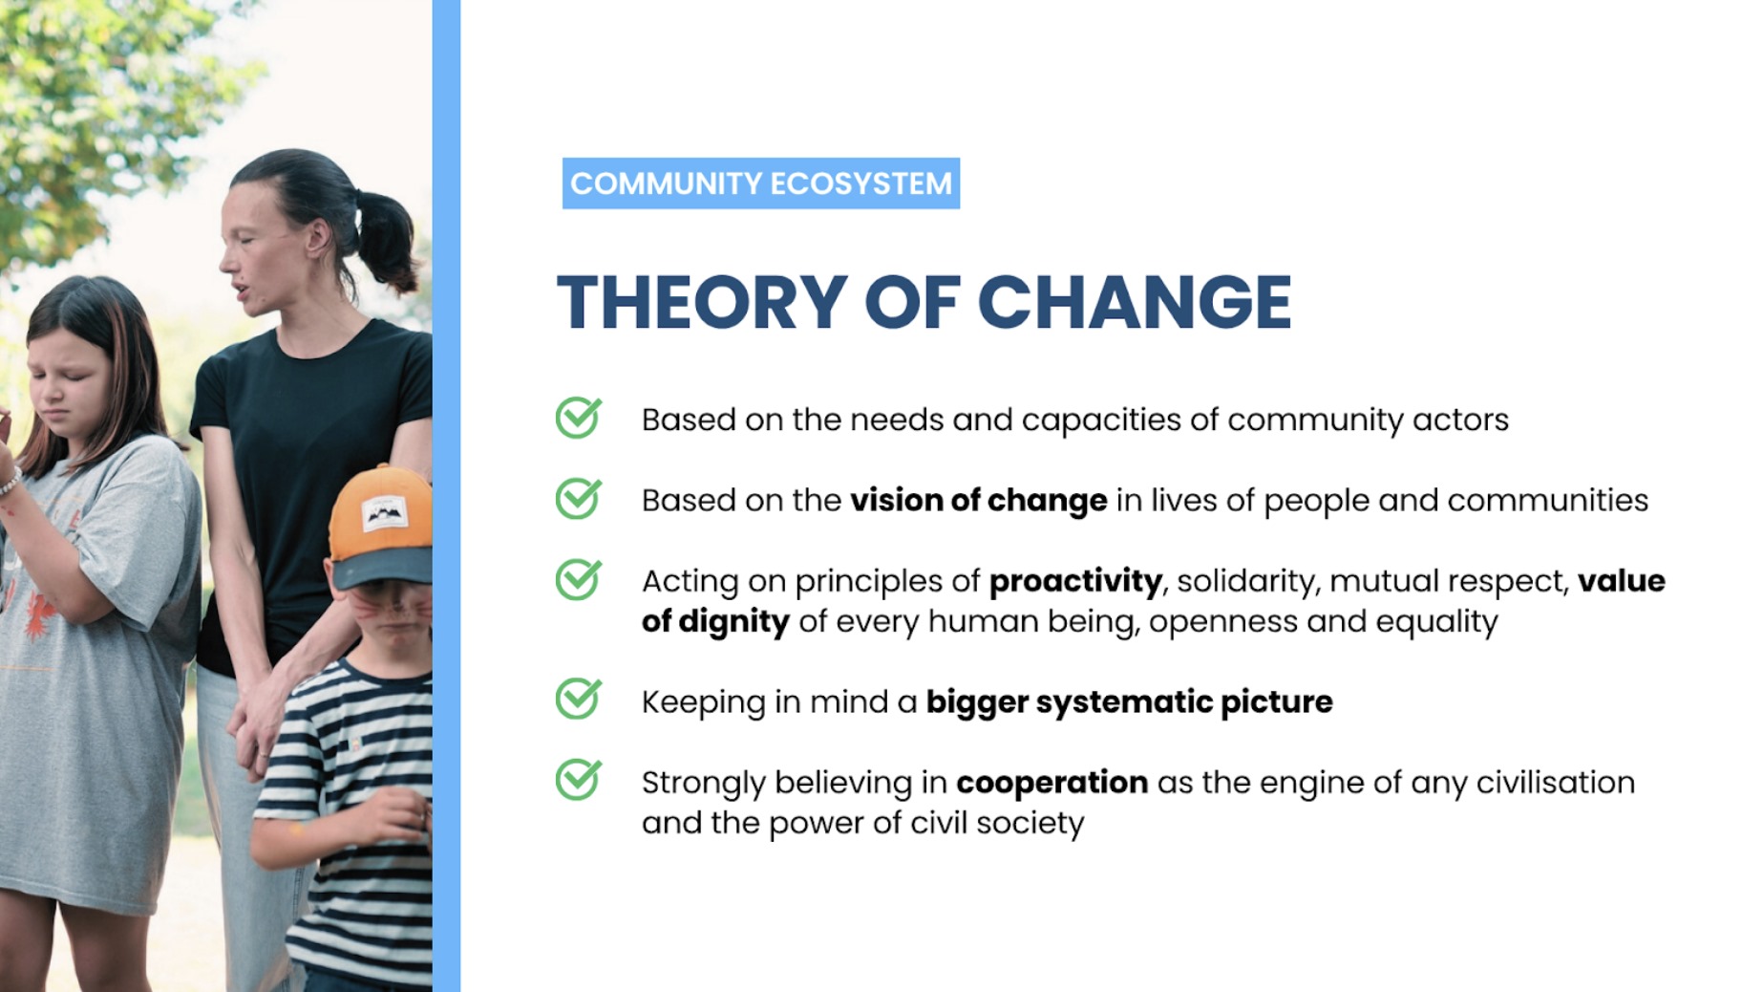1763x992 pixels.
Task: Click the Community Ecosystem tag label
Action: click(x=761, y=183)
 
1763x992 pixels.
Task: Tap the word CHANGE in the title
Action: click(x=1135, y=303)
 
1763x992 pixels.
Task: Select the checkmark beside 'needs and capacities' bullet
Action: click(x=579, y=418)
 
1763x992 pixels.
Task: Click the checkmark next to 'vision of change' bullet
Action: click(x=579, y=498)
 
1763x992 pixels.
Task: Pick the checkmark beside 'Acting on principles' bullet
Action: click(x=579, y=579)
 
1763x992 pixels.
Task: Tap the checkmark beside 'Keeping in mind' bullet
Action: click(x=579, y=699)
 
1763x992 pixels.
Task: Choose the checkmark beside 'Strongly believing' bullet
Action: click(x=579, y=779)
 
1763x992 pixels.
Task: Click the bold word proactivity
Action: click(x=1075, y=581)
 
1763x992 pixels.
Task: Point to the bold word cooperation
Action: click(x=1051, y=783)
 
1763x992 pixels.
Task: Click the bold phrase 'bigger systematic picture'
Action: click(x=1130, y=702)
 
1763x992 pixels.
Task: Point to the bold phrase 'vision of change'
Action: click(x=979, y=501)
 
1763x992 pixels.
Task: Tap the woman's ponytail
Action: click(x=387, y=239)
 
